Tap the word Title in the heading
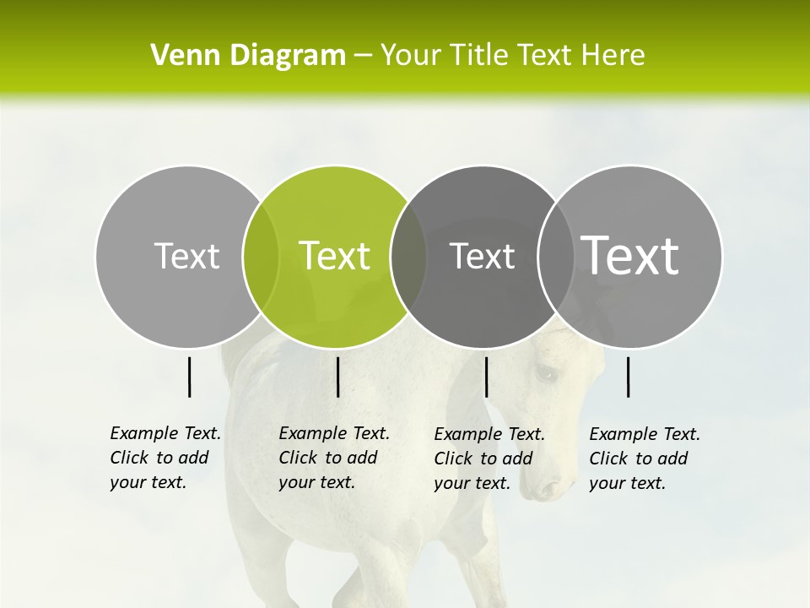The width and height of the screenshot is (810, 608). pyautogui.click(x=479, y=56)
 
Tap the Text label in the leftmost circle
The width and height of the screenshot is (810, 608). pyautogui.click(x=187, y=256)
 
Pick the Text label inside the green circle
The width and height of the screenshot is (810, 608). pyautogui.click(x=335, y=256)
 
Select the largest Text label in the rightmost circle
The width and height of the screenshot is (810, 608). pyautogui.click(x=630, y=256)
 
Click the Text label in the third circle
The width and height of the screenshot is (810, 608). pyautogui.click(x=483, y=256)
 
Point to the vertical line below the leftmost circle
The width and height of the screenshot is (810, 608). pyautogui.click(x=189, y=377)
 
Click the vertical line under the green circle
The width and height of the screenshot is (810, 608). pyautogui.click(x=337, y=377)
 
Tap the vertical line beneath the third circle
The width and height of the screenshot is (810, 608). pyautogui.click(x=486, y=377)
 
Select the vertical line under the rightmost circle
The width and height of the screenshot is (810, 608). pyautogui.click(x=628, y=377)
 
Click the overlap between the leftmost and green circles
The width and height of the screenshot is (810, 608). pyautogui.click(x=261, y=257)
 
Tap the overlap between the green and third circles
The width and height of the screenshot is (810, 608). pyautogui.click(x=408, y=257)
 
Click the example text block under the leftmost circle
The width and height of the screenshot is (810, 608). pyautogui.click(x=165, y=458)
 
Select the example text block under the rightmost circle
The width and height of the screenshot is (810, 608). pyautogui.click(x=645, y=459)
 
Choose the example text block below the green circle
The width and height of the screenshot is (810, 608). pyautogui.click(x=334, y=458)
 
